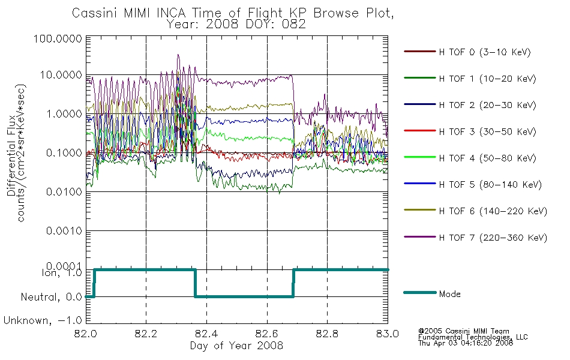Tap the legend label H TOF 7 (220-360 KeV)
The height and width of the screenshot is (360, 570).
(493, 238)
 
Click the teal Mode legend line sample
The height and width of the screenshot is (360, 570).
(420, 293)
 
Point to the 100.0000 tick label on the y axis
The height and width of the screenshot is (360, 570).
(58, 38)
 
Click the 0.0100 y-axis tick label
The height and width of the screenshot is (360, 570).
(64, 192)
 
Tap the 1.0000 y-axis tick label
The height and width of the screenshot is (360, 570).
(64, 114)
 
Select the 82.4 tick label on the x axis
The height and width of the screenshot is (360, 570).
(206, 334)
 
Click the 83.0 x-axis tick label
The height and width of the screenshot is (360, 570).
(388, 334)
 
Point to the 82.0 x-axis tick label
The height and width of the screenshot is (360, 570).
(86, 334)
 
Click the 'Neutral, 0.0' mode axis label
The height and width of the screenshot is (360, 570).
(52, 298)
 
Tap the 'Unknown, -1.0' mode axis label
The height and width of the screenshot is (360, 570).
(43, 321)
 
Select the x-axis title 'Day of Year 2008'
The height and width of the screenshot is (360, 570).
(236, 346)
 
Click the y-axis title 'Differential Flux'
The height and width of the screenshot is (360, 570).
(11, 155)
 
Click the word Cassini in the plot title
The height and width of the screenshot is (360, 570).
(96, 13)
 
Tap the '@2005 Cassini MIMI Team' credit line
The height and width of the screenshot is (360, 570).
(463, 331)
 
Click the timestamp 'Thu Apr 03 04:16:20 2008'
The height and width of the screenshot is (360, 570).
(466, 343)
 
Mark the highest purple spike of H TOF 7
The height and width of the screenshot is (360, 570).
(178, 55)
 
